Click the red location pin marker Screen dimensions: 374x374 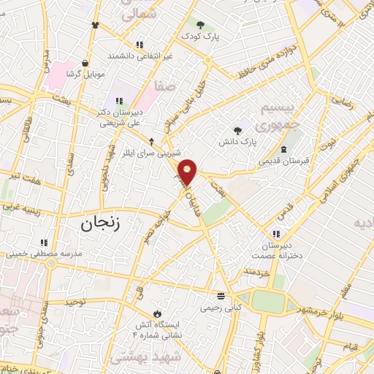pos(188,172)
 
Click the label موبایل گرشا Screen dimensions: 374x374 pos(86,74)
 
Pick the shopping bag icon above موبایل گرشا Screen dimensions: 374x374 pos(86,63)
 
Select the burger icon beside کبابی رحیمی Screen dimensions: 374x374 pos(221,296)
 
